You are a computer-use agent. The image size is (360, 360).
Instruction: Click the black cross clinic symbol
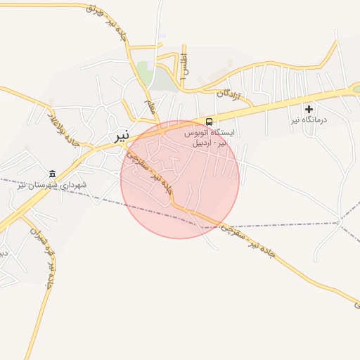click(309, 109)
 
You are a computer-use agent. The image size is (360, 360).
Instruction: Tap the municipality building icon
click(52, 174)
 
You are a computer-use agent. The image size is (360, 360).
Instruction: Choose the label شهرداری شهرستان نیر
click(52, 185)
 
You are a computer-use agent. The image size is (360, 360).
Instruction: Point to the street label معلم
click(150, 108)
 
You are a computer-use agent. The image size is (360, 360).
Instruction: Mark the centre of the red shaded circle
click(180, 179)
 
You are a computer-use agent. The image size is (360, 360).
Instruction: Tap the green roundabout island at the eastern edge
click(356, 89)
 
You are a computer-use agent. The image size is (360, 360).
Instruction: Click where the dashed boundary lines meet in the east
click(340, 222)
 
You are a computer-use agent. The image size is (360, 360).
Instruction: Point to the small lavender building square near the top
click(162, 36)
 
